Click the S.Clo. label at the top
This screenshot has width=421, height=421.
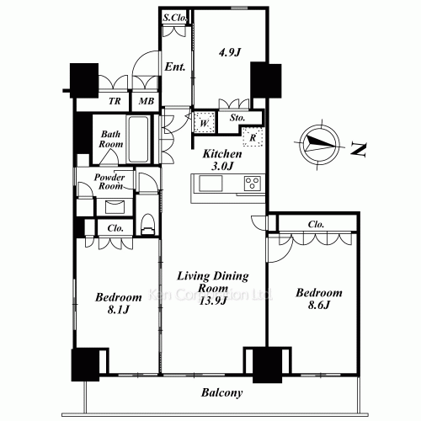tap(174, 17)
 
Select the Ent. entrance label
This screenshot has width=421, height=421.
tap(175, 67)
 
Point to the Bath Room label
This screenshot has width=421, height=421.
tap(111, 139)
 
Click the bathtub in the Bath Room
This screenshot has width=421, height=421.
tap(141, 139)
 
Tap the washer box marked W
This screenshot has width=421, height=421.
tap(203, 123)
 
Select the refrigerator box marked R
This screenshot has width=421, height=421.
tap(252, 137)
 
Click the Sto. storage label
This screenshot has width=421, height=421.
tap(238, 119)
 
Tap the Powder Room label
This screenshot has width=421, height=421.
tap(109, 183)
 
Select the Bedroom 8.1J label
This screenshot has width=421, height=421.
tap(117, 303)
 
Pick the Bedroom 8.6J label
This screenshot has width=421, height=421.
tap(318, 299)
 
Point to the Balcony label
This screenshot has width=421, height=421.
tap(222, 392)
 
